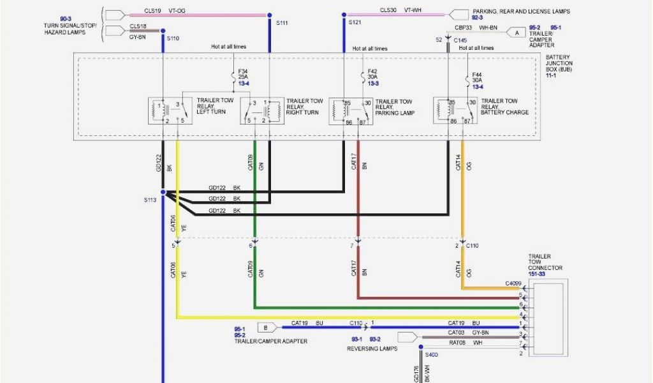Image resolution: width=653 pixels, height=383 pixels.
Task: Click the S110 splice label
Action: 173,38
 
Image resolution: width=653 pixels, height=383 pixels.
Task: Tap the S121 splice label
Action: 355,22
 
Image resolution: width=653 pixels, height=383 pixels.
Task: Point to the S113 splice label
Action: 150,200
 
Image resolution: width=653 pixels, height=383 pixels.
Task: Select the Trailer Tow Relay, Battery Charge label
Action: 504,107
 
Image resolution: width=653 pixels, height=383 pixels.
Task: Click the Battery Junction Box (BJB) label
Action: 559,66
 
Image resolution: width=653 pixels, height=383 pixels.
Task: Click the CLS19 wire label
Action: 152,11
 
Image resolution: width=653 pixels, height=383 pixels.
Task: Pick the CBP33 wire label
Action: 464,28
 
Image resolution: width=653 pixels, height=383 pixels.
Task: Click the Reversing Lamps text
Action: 372,349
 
